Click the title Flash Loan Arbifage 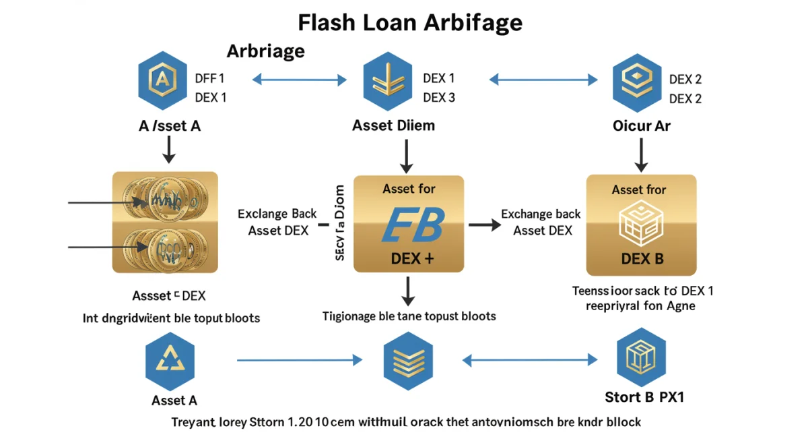[x=410, y=23]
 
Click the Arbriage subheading [x=265, y=51]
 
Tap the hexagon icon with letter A [x=163, y=82]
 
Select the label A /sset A [x=170, y=125]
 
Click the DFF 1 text [x=209, y=79]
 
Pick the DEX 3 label [x=439, y=98]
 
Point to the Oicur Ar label [x=641, y=125]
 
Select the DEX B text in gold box [x=642, y=259]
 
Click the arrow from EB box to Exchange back [x=481, y=223]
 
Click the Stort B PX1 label [x=644, y=396]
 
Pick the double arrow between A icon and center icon [x=299, y=80]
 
